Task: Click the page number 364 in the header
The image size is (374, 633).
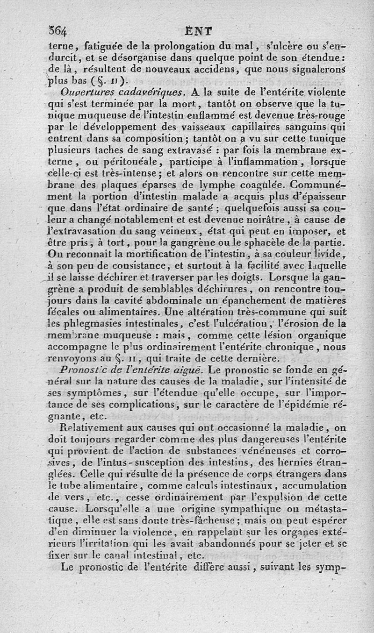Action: [x=58, y=32]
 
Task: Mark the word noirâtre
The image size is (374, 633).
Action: [x=270, y=218]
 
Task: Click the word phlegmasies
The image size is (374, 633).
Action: [x=93, y=323]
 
